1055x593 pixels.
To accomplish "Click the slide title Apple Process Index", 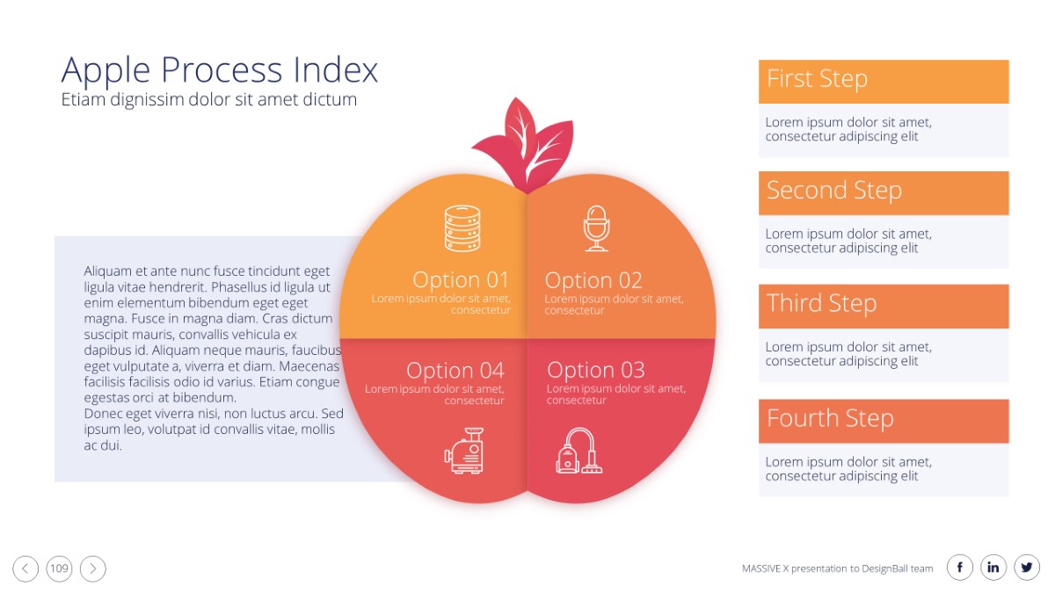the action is click(x=220, y=70).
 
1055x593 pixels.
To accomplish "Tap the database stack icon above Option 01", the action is click(x=462, y=228).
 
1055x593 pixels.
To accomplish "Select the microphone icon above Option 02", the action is click(x=597, y=228).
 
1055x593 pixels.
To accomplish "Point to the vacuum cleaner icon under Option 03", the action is click(x=578, y=451).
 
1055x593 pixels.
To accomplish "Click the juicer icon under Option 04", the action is click(x=464, y=451).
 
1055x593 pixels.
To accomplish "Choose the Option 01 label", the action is click(x=461, y=279).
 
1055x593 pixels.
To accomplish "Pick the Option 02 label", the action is click(x=593, y=280).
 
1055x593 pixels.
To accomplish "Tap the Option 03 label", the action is click(x=596, y=370).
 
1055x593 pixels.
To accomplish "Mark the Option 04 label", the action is click(x=455, y=371).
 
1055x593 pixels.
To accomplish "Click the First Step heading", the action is click(x=817, y=78).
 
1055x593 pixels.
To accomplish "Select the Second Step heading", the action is click(x=834, y=191).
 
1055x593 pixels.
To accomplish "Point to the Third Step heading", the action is click(x=822, y=302).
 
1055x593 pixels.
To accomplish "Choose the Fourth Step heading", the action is click(x=830, y=418).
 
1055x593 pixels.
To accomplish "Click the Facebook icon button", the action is click(x=960, y=568).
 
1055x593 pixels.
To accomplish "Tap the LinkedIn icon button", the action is click(x=993, y=568).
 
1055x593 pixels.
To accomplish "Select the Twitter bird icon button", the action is click(x=1027, y=568).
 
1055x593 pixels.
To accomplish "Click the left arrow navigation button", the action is click(x=25, y=568).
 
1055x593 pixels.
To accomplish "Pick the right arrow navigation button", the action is click(x=93, y=568).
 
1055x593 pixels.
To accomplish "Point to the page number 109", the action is click(x=59, y=568).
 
